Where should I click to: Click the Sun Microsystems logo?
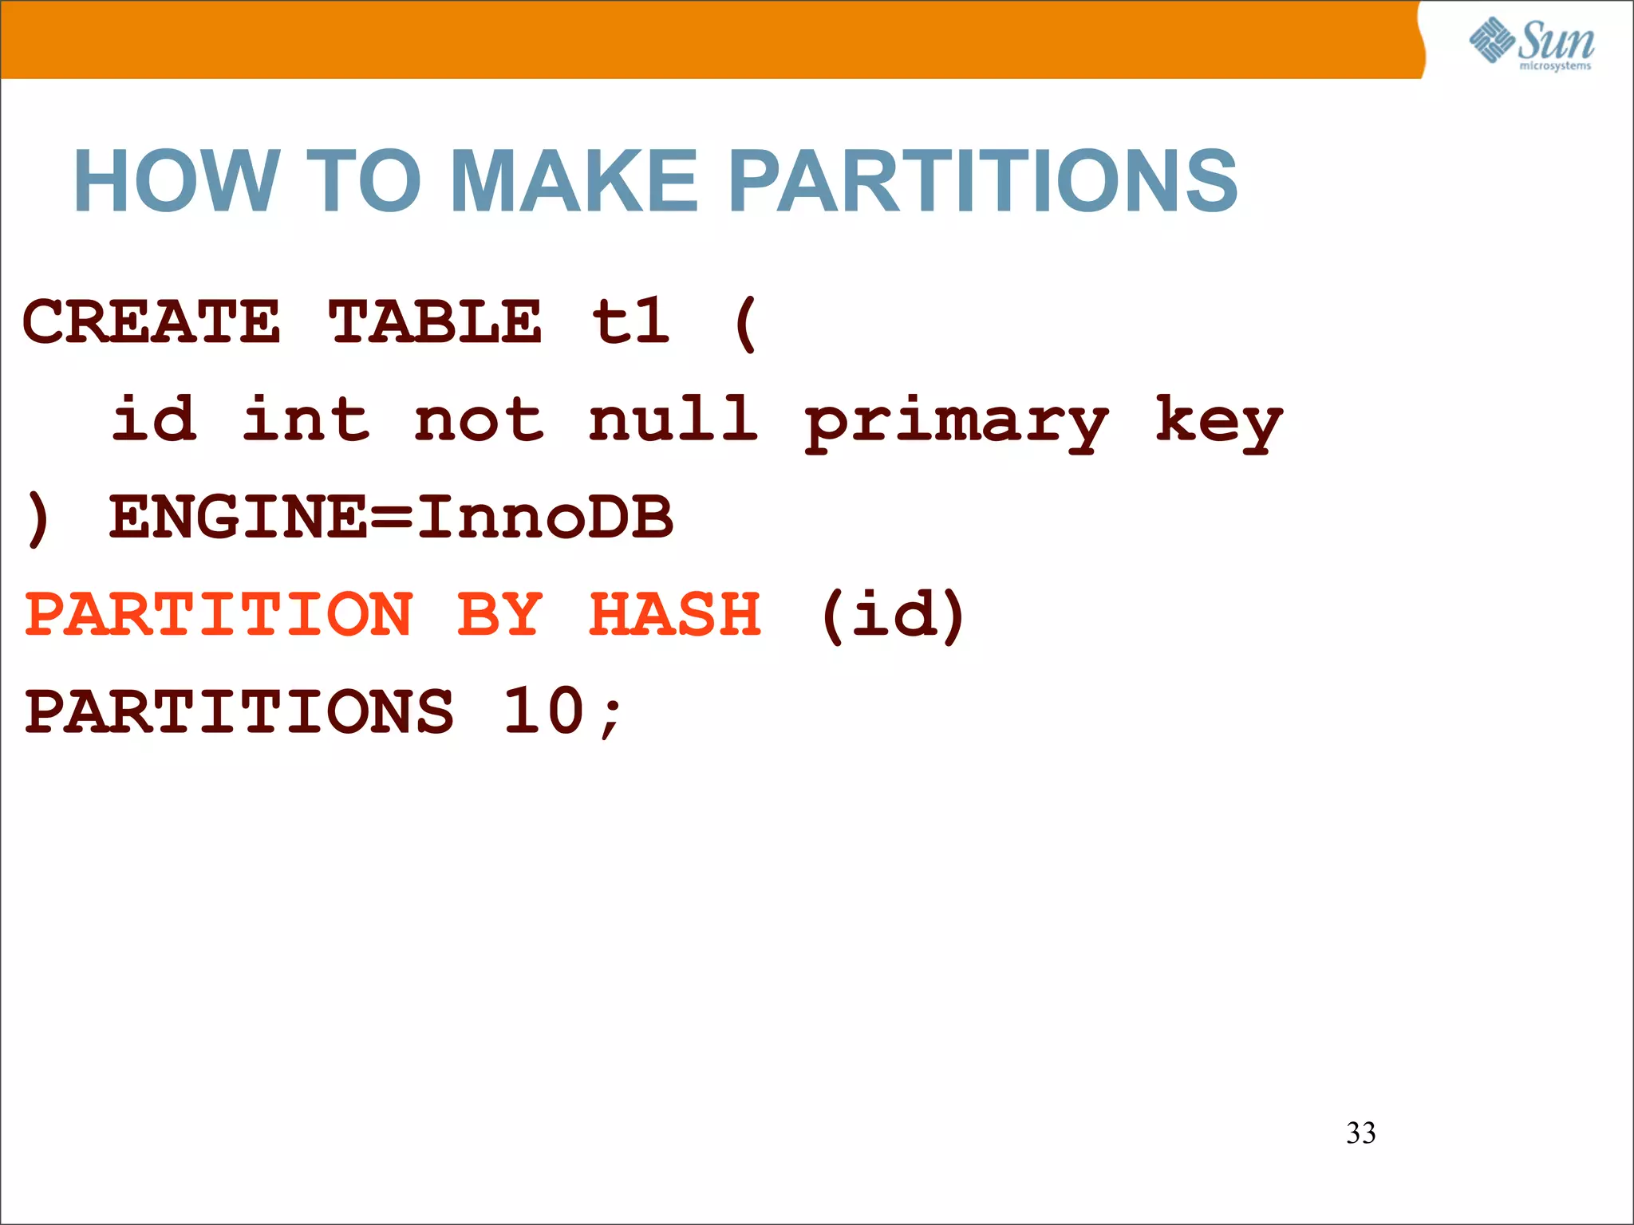1531,43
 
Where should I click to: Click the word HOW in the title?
176,182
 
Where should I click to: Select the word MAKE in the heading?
574,182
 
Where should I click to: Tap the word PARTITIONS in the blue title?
983,182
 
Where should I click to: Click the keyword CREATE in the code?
152,322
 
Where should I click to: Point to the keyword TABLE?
436,322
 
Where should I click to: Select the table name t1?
630,322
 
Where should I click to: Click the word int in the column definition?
306,419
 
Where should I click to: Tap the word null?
673,419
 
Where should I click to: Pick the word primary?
956,423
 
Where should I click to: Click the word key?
1218,423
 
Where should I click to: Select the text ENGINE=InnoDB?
391,517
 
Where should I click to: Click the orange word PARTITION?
219,614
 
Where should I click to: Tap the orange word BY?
500,614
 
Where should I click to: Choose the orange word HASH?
675,614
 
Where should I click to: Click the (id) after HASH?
893,614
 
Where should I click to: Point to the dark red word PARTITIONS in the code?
239,711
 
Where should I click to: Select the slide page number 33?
1360,1133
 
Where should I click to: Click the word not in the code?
480,419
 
